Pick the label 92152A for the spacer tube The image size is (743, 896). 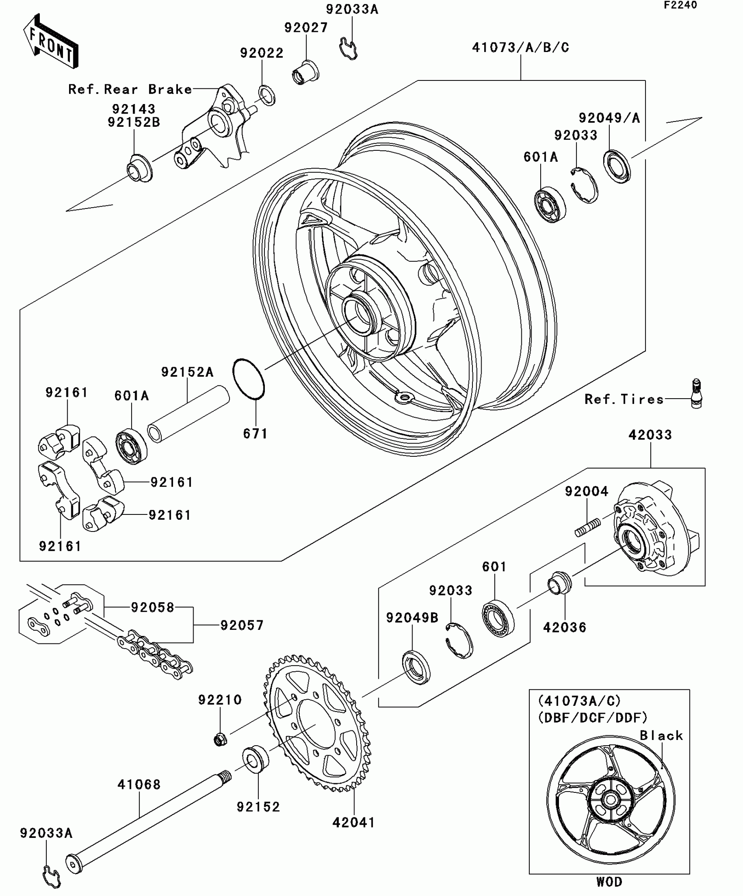[x=187, y=372]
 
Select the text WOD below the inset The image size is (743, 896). [x=609, y=882]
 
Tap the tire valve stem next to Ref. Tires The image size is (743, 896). [x=696, y=393]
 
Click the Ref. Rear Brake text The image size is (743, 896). [x=130, y=89]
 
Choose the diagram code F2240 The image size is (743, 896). [x=681, y=5]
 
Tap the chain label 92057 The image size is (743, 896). [x=242, y=625]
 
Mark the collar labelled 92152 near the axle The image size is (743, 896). [x=256, y=759]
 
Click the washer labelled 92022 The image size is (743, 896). [x=267, y=95]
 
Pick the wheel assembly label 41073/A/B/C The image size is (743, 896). [x=521, y=47]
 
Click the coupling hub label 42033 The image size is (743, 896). [x=650, y=435]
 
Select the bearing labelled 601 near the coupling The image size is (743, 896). [x=498, y=618]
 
